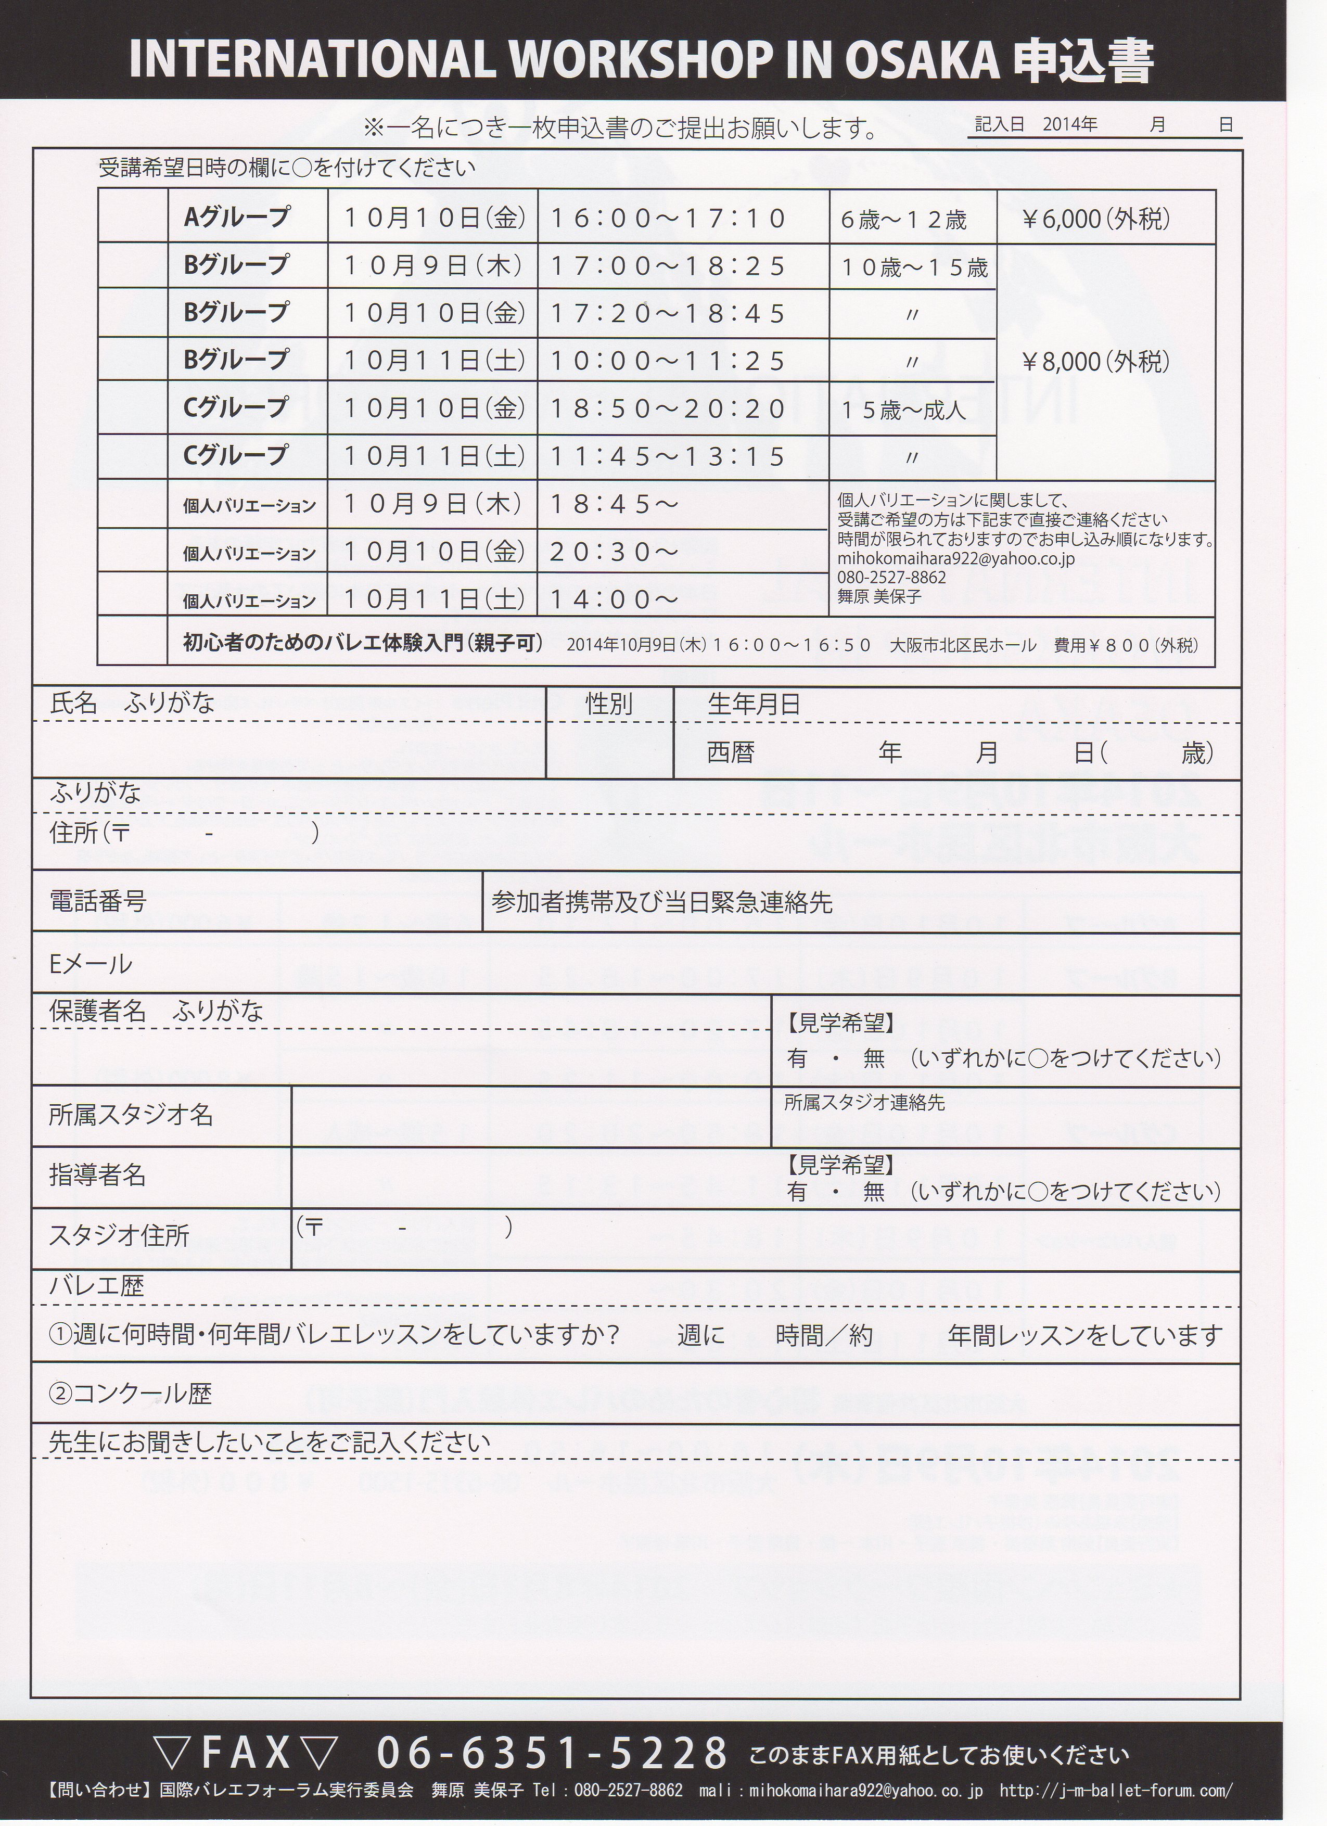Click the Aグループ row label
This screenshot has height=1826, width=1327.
pyautogui.click(x=236, y=218)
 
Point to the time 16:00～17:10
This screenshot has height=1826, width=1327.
pyautogui.click(x=668, y=218)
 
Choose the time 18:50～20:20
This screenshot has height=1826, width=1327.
pyautogui.click(x=668, y=409)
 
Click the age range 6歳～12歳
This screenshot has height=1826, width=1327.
pyautogui.click(x=903, y=220)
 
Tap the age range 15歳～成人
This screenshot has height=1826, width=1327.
pyautogui.click(x=903, y=411)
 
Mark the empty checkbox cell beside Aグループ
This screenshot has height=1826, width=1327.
pyautogui.click(x=132, y=218)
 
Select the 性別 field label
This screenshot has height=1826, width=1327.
pyautogui.click(x=609, y=705)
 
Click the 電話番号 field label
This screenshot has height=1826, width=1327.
pyautogui.click(x=98, y=900)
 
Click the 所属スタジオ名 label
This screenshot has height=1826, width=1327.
pyautogui.click(x=131, y=1115)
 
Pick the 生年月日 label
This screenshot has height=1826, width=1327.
pyautogui.click(x=754, y=705)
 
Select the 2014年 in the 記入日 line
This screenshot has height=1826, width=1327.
pyautogui.click(x=1069, y=125)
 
